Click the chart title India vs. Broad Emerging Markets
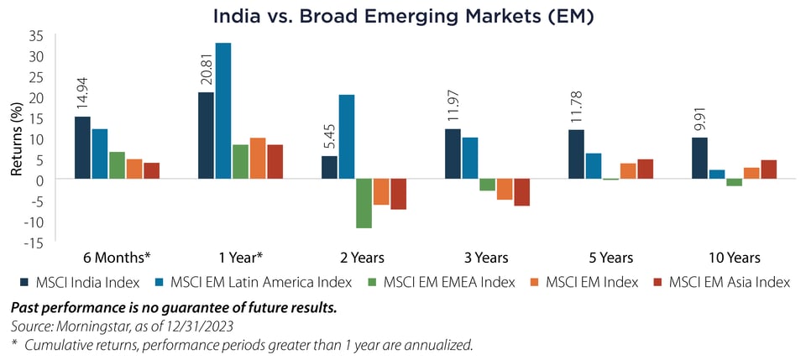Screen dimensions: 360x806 [403, 15]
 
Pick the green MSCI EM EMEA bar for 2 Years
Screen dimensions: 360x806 [363, 204]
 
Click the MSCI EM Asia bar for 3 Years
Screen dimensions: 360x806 [522, 193]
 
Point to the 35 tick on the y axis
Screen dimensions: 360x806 [36, 36]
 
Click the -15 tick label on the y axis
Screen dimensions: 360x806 [33, 243]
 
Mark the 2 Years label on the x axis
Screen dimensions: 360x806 [363, 258]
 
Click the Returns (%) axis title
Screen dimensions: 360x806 [15, 139]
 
